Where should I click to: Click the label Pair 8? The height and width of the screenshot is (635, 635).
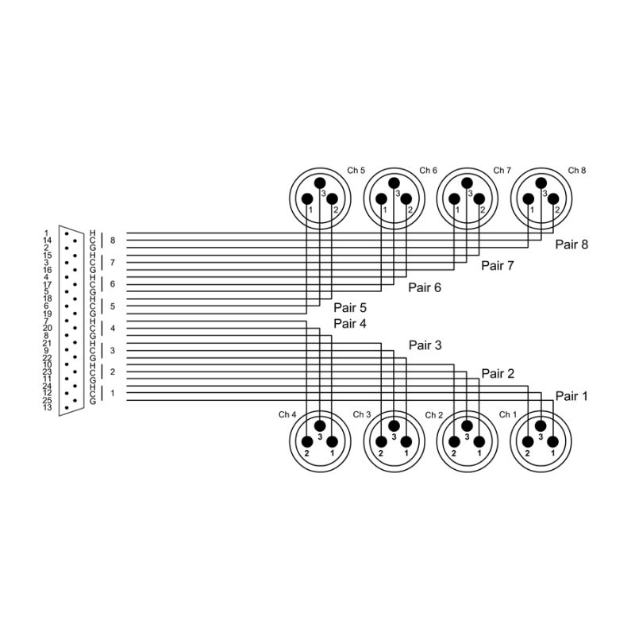pyautogui.click(x=571, y=244)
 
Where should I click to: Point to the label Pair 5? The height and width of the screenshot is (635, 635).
pyautogui.click(x=350, y=308)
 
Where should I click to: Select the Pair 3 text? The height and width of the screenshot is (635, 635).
pyautogui.click(x=425, y=345)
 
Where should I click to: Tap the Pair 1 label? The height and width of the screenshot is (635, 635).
pyautogui.click(x=571, y=396)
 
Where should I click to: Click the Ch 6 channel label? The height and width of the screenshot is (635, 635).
pyautogui.click(x=428, y=171)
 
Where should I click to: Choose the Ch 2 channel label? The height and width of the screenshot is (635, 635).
pyautogui.click(x=433, y=415)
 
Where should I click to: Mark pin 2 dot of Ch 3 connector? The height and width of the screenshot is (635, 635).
pyautogui.click(x=381, y=442)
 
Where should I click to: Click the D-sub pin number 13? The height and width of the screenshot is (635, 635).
pyautogui.click(x=48, y=408)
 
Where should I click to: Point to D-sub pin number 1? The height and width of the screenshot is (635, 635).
pyautogui.click(x=48, y=233)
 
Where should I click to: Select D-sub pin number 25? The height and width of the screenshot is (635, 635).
pyautogui.click(x=48, y=400)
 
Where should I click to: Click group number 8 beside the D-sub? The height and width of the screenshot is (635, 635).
pyautogui.click(x=113, y=241)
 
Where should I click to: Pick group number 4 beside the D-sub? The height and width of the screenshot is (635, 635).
pyautogui.click(x=113, y=329)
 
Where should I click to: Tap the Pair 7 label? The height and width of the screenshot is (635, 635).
pyautogui.click(x=498, y=266)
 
